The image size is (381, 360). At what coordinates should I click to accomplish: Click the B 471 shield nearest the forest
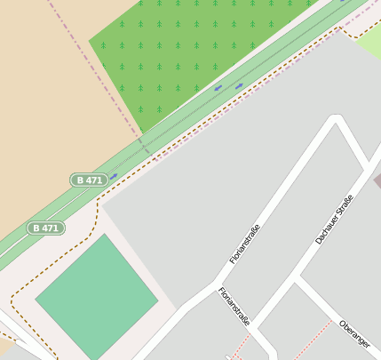(x=90, y=180)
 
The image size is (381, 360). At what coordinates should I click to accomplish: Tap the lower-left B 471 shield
(x=45, y=228)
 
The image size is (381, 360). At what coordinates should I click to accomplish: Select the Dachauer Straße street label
(x=334, y=220)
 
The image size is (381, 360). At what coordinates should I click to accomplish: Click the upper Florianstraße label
(x=245, y=244)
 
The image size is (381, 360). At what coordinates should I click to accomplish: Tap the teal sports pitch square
(x=96, y=295)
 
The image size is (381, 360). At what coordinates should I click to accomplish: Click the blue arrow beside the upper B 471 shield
(x=114, y=176)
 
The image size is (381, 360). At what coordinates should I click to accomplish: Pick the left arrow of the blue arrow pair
(x=218, y=88)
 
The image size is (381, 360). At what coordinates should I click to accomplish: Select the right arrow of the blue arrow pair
(x=239, y=85)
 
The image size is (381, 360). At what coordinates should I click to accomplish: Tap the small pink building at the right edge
(x=377, y=181)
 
